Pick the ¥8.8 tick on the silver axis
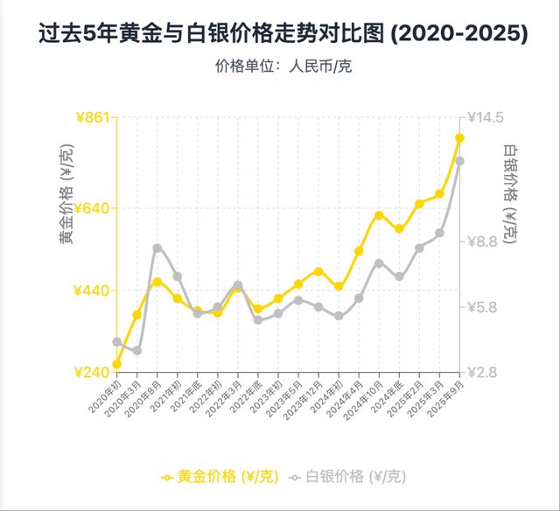482,241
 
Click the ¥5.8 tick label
482,307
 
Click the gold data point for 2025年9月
458,137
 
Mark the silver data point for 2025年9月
458,160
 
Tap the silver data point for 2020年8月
157,248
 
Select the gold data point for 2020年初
117,364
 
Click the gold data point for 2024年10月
379,214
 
